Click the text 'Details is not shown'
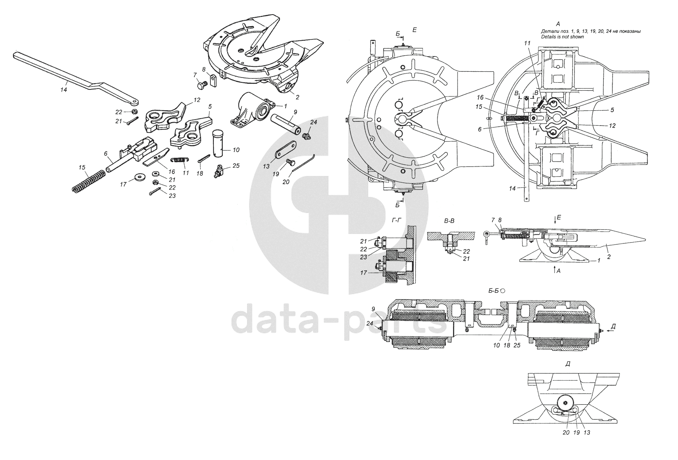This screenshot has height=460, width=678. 562,37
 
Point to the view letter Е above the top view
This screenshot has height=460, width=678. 415,30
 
